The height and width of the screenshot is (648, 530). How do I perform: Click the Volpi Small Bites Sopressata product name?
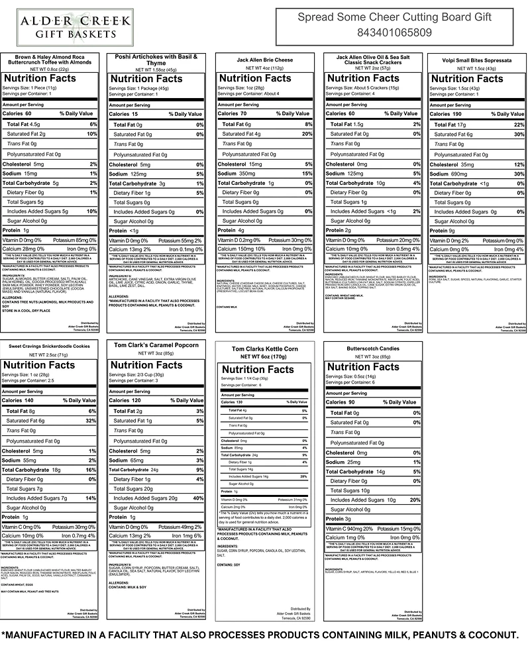click(475, 60)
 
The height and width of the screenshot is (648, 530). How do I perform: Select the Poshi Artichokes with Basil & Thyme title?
click(156, 60)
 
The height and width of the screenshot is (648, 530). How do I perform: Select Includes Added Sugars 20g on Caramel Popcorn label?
click(145, 498)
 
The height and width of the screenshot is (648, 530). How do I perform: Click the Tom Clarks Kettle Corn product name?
click(261, 349)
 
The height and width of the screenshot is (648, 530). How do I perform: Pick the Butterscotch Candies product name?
click(366, 346)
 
